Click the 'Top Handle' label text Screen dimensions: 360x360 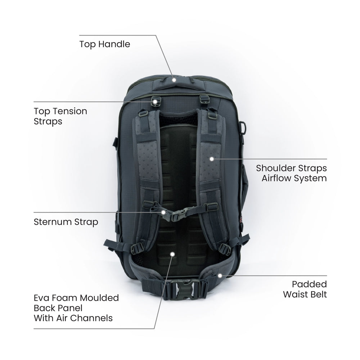[x=104, y=44]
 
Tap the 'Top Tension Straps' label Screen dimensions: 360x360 [x=60, y=116]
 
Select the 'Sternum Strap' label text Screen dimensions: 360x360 [x=66, y=221]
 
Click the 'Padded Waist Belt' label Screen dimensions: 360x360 [x=305, y=289]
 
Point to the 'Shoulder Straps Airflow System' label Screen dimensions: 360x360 [x=291, y=173]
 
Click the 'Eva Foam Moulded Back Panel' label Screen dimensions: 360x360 [x=76, y=308]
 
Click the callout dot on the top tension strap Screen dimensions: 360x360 [x=155, y=102]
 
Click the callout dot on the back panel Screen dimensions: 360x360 [x=172, y=254]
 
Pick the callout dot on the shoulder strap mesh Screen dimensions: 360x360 [x=212, y=158]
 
